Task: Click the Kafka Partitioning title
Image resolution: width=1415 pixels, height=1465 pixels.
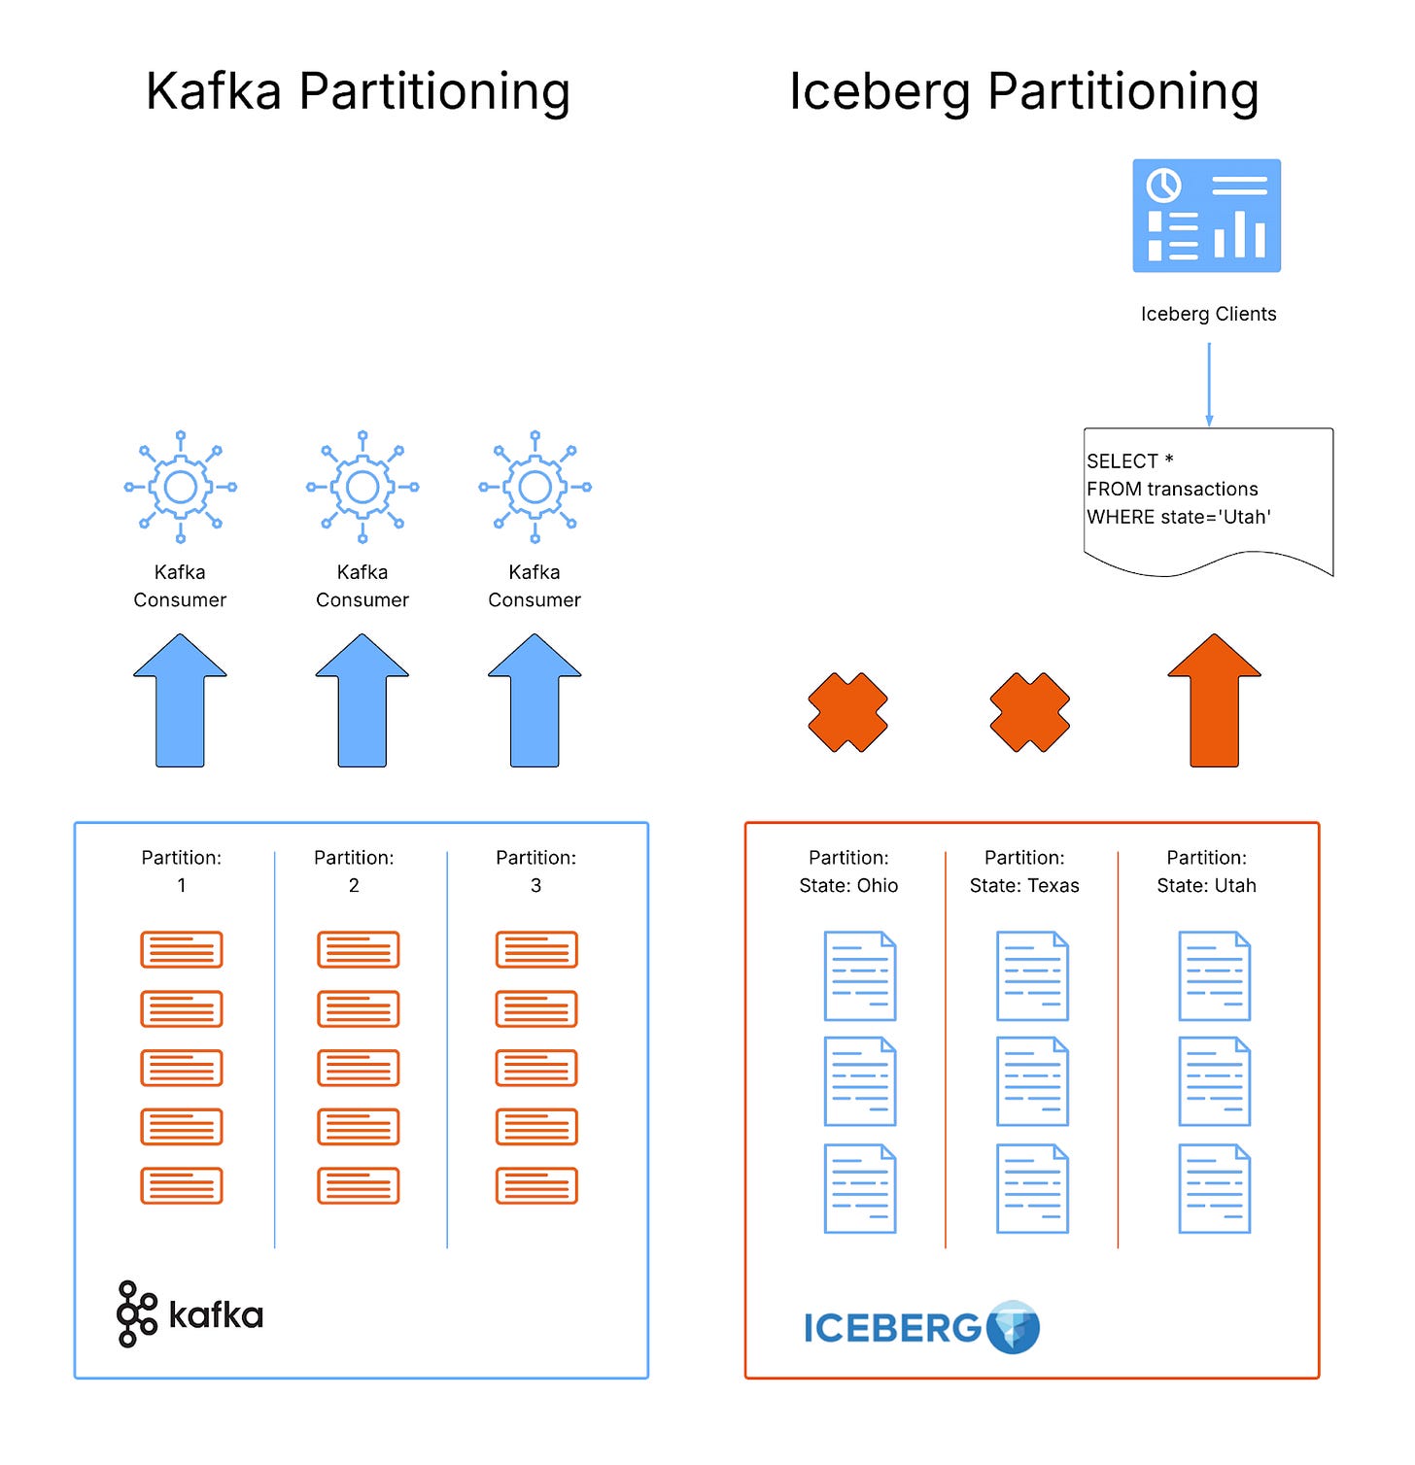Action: click(x=358, y=92)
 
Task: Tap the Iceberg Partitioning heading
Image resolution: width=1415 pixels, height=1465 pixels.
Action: click(x=1023, y=92)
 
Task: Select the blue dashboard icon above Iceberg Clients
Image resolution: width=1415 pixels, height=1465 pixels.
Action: click(x=1206, y=216)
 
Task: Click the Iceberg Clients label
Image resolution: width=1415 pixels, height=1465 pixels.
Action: click(x=1208, y=314)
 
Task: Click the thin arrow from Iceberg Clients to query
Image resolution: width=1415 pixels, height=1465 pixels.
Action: click(x=1209, y=383)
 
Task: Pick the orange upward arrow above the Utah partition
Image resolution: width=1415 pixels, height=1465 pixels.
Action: click(x=1214, y=700)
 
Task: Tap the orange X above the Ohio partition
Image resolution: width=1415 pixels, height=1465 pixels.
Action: click(x=847, y=712)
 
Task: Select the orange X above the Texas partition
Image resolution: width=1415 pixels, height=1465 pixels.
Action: click(x=1029, y=712)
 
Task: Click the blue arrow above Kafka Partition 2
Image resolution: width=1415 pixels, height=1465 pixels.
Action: click(x=362, y=700)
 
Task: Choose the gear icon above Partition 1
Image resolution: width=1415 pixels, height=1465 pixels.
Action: click(x=181, y=487)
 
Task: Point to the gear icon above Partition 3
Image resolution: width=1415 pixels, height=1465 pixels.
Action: click(x=535, y=487)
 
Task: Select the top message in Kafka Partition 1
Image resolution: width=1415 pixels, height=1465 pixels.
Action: click(x=182, y=949)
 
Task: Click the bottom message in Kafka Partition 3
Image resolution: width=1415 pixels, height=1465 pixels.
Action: click(x=536, y=1185)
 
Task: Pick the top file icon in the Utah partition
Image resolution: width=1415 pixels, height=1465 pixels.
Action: click(x=1214, y=975)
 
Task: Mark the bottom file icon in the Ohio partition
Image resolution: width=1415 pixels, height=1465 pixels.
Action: click(x=860, y=1188)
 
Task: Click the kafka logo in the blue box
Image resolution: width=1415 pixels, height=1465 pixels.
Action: click(x=190, y=1314)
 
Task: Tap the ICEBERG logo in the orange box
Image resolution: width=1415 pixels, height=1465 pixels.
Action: click(x=920, y=1327)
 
